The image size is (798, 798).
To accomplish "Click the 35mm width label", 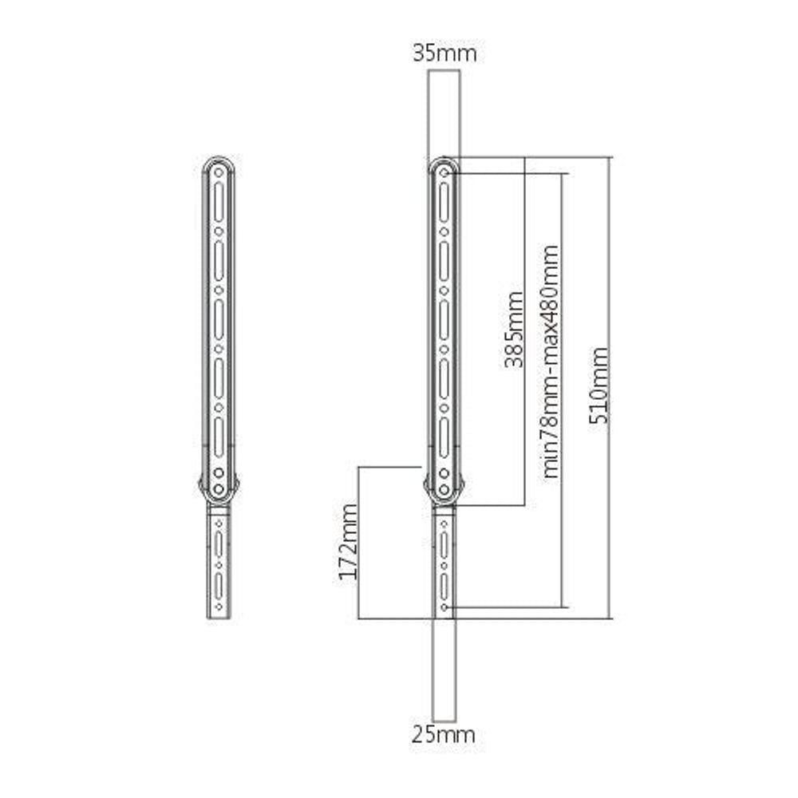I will click(444, 53).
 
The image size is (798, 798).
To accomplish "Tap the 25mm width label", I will click(444, 734).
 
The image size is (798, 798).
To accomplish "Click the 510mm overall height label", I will click(599, 385).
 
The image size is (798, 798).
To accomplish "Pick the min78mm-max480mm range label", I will click(550, 361).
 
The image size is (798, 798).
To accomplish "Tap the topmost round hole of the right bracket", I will click(444, 171).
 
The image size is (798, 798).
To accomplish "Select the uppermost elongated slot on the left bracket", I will click(219, 200).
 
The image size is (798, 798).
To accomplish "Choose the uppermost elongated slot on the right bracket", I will click(444, 200).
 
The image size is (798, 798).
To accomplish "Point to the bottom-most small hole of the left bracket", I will click(219, 607).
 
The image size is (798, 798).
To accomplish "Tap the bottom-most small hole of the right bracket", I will click(444, 607).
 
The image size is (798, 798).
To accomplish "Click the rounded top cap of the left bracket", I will click(219, 161).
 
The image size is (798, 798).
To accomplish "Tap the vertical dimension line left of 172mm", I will click(359, 542).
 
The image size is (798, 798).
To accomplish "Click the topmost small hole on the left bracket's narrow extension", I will click(219, 523).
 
